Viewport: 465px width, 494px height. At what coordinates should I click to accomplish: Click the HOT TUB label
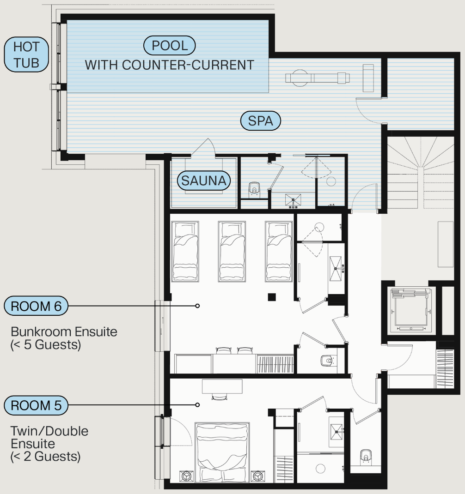(x=26, y=54)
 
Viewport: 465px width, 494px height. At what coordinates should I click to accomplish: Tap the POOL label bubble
(x=170, y=45)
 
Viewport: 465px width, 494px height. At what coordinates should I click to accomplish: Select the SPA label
(x=260, y=120)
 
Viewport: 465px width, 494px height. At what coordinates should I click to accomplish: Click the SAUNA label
(x=204, y=181)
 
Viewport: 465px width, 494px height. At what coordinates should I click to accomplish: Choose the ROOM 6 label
(x=36, y=306)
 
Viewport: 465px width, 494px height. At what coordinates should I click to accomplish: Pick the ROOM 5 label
(x=36, y=405)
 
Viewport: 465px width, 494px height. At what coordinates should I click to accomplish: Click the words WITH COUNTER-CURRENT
(x=170, y=65)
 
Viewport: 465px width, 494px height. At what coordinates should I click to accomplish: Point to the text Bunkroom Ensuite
(x=64, y=332)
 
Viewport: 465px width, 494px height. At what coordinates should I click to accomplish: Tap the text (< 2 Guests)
(x=45, y=456)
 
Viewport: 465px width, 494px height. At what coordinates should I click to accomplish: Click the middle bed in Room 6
(x=232, y=251)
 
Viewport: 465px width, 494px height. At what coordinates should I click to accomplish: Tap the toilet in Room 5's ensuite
(x=365, y=456)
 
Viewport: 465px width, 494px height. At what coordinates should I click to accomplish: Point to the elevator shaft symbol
(x=411, y=310)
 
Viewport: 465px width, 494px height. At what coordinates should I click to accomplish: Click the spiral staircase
(x=421, y=173)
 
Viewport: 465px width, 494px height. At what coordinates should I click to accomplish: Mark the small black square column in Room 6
(x=272, y=297)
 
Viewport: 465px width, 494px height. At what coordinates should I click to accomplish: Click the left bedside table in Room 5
(x=186, y=476)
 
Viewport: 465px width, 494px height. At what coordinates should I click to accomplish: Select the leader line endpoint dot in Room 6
(x=197, y=306)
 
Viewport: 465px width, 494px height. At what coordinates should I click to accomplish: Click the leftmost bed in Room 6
(x=185, y=251)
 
